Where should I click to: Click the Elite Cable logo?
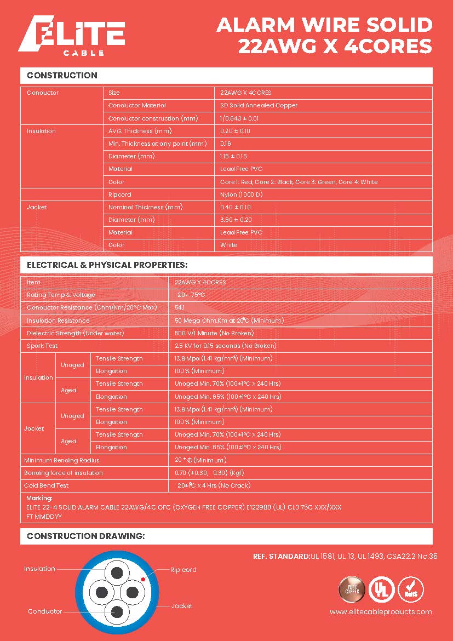[72, 37]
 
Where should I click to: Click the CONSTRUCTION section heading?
[62, 76]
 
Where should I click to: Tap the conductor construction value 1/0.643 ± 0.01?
[239, 118]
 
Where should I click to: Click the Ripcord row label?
[120, 194]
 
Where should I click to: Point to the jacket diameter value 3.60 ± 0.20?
[236, 220]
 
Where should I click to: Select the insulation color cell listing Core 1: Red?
[299, 182]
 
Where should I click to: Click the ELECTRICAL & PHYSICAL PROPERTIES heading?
[107, 265]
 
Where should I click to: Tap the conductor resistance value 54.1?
[180, 307]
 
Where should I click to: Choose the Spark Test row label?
[42, 346]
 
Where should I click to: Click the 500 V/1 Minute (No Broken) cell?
[214, 333]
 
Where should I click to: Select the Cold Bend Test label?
[46, 485]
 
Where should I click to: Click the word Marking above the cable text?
[39, 499]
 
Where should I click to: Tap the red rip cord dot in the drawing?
[143, 579]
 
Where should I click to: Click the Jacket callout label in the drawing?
[182, 606]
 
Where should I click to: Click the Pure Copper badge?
[352, 589]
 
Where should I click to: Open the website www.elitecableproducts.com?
[381, 612]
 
